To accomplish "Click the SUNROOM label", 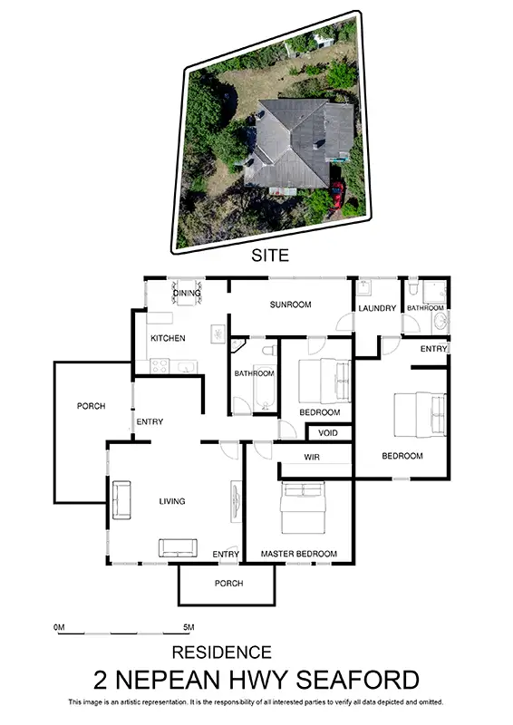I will pos(290,304).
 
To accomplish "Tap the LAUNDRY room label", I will pos(377,308).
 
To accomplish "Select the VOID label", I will pos(327,433).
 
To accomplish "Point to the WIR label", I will pos(313,457).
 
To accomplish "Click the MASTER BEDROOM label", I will pos(298,554).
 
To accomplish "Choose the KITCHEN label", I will pos(168,338).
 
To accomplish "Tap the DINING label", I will pos(187,293).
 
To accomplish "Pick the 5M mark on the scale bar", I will pos(189,626).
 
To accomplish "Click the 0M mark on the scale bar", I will pos(60,626).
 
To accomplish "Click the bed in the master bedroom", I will pos(302,507).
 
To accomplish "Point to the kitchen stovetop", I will pos(160,366).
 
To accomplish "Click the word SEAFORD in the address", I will pos(363,680).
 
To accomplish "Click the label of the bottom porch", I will pos(228,583).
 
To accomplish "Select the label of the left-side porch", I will pos(91,406).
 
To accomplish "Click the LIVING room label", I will pos(172,501).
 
